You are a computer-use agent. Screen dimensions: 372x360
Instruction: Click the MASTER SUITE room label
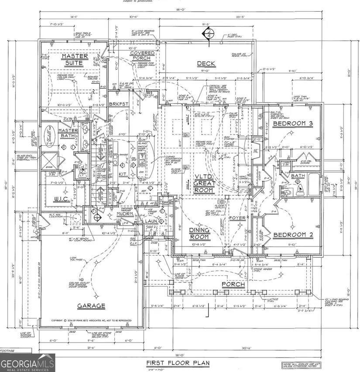[x=75, y=59]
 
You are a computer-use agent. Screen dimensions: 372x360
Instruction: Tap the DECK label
[x=206, y=64]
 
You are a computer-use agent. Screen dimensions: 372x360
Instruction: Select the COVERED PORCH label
[x=142, y=55]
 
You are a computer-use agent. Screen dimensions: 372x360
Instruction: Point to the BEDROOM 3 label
[x=293, y=124]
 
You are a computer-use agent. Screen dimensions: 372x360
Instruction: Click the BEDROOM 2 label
[x=293, y=235]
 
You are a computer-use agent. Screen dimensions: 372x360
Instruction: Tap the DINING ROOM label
[x=199, y=234]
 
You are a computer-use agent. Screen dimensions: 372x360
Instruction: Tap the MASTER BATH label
[x=69, y=134]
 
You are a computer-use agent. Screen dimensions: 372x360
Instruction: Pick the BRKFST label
[x=117, y=105]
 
